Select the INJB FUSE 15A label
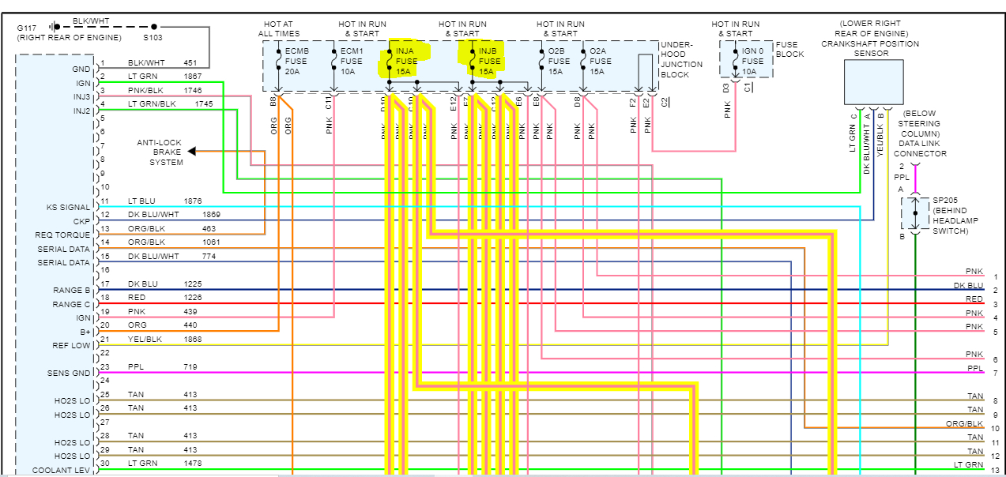coord(489,61)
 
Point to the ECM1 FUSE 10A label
coord(351,61)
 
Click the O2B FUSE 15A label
coord(559,61)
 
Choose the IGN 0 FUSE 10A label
coord(752,61)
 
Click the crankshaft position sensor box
coord(873,82)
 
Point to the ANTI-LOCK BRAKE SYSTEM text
coord(160,152)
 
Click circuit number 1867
coord(193,77)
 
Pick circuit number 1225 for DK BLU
coord(193,284)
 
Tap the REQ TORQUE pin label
coord(63,235)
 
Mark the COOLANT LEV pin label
coord(61,471)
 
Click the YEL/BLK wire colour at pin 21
coord(145,339)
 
